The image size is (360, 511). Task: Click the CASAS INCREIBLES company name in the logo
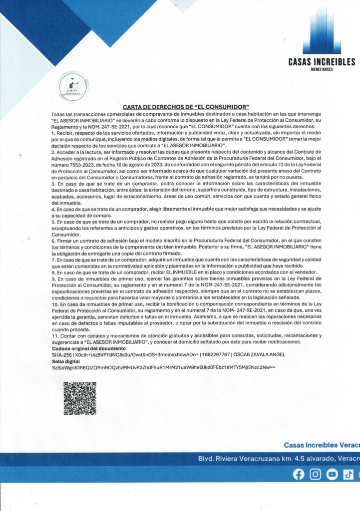322,62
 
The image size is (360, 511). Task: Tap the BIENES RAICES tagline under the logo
322,69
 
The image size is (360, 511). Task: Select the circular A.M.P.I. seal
73,86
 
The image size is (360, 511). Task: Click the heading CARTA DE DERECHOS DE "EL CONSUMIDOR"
186,107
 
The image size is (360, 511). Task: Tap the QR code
80,398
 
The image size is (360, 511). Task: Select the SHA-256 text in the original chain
61,354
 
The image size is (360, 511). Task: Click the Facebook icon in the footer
299,475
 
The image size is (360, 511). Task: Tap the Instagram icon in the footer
315,475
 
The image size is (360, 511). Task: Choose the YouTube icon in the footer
332,475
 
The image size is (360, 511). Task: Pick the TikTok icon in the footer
348,475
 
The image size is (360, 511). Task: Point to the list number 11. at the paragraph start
55,336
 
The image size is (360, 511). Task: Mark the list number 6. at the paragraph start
53,240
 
